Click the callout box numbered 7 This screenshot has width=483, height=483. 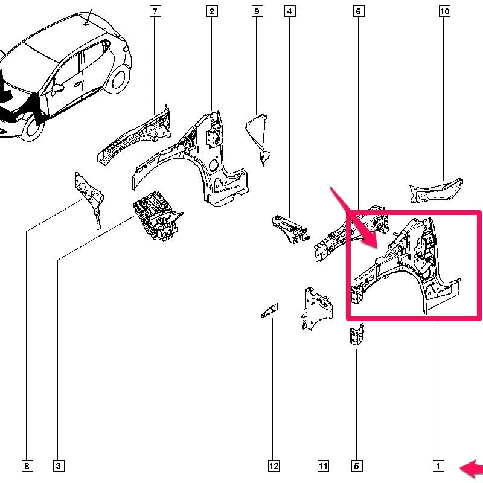tap(155, 11)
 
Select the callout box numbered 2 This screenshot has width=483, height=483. tap(211, 11)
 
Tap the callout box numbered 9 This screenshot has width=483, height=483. tap(257, 11)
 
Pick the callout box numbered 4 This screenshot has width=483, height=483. tap(290, 11)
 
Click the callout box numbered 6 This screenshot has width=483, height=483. tap(358, 11)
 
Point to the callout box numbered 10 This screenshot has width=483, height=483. tap(444, 11)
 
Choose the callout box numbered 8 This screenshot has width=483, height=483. tap(27, 465)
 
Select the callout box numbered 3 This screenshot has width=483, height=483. tap(59, 465)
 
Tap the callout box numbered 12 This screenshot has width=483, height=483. tap(273, 465)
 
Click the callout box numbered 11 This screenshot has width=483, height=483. tap(323, 465)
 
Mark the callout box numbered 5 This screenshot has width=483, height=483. tap(356, 465)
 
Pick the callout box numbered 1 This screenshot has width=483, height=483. tap(438, 465)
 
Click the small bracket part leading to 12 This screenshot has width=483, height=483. tap(269, 311)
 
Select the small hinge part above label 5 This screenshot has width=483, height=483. tap(356, 335)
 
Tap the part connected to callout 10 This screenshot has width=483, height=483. tap(436, 191)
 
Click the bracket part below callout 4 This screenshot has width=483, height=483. tap(290, 229)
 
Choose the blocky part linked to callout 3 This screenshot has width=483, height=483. tap(157, 216)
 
